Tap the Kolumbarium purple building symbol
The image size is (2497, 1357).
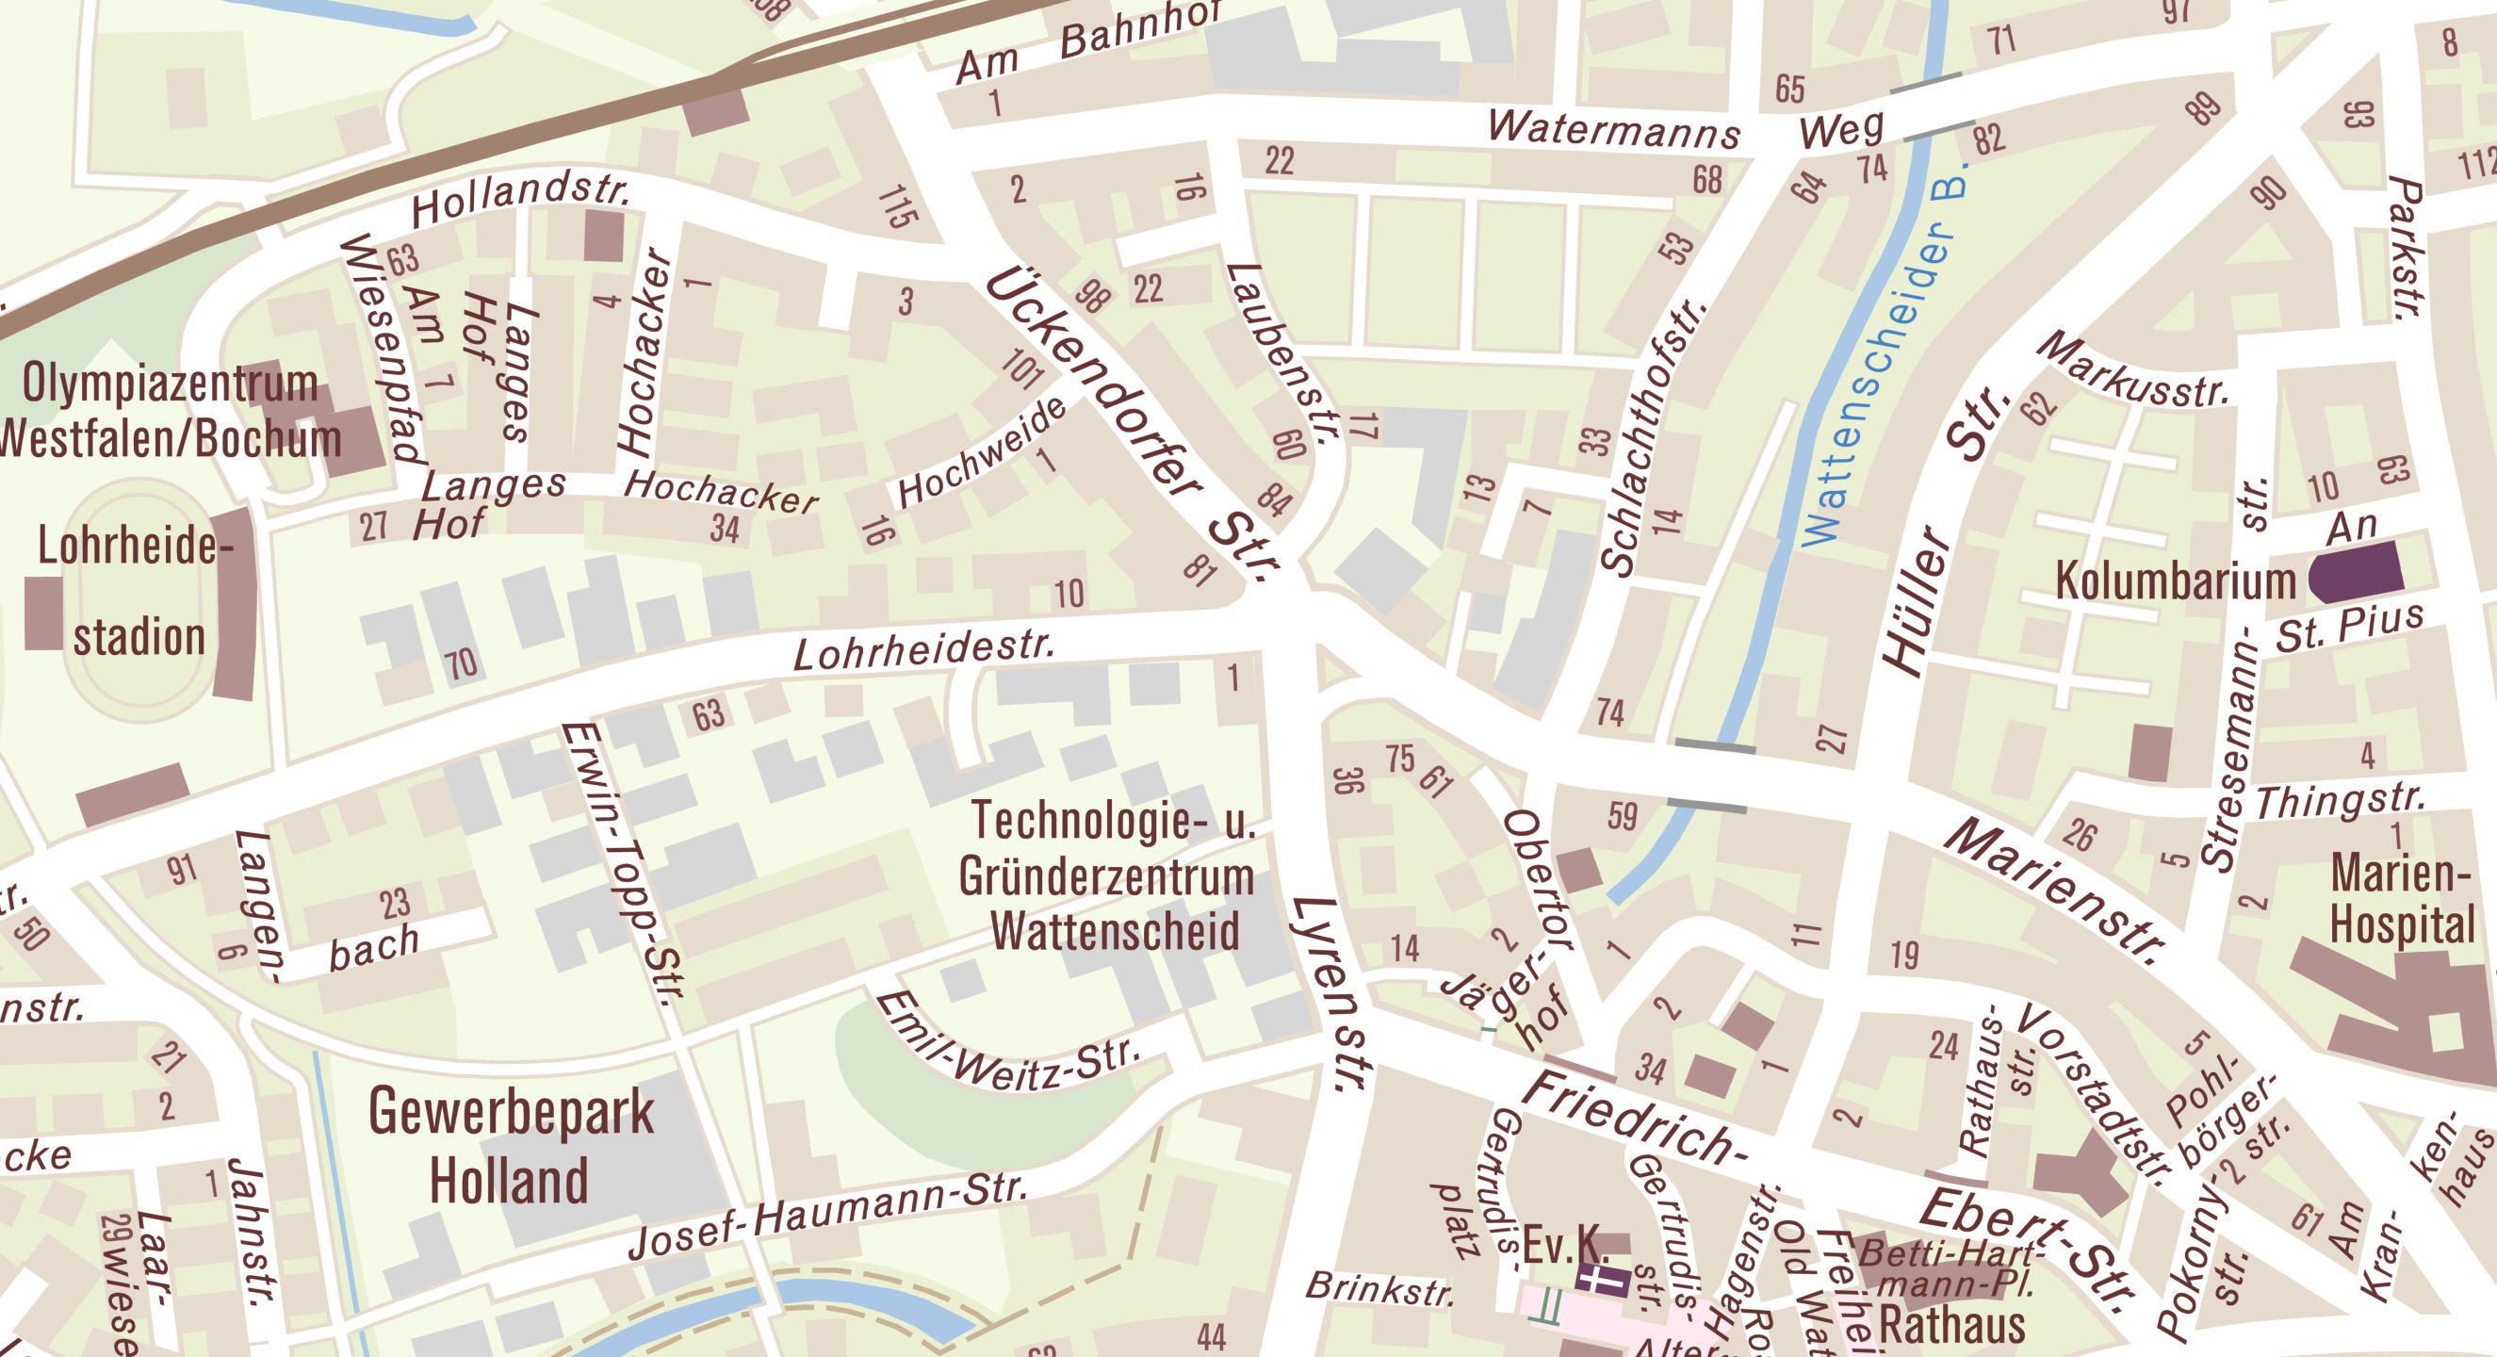pyautogui.click(x=2356, y=572)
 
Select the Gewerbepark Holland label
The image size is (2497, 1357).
pyautogui.click(x=511, y=1147)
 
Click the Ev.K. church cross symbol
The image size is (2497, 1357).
pyautogui.click(x=1601, y=1278)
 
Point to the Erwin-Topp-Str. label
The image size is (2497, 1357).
pyautogui.click(x=626, y=864)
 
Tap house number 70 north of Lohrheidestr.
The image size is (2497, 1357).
pyautogui.click(x=462, y=664)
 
